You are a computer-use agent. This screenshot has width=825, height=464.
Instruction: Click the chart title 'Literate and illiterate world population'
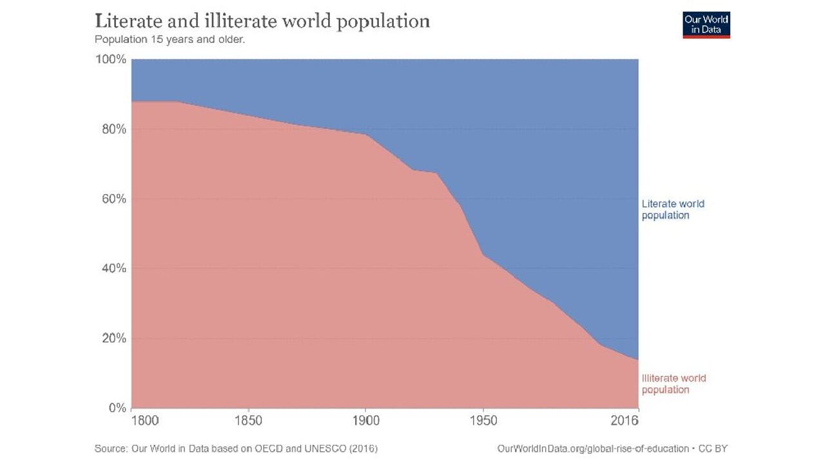tap(262, 21)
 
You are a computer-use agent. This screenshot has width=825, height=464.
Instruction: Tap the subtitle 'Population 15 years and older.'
tap(170, 39)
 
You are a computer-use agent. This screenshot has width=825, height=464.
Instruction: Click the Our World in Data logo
tap(706, 24)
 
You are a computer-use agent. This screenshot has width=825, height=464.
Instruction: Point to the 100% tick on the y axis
tap(111, 59)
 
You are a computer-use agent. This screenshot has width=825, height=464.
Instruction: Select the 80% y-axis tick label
tap(113, 129)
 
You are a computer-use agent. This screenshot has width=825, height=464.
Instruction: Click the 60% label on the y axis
tap(113, 198)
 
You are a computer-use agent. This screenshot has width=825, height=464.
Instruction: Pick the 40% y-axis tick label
tap(113, 268)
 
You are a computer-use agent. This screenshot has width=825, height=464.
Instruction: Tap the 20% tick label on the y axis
tap(113, 338)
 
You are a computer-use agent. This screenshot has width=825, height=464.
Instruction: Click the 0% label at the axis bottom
tap(117, 408)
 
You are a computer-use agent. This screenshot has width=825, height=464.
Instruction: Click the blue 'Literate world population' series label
tap(673, 209)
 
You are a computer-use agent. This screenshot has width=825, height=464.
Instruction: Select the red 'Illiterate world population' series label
tap(674, 384)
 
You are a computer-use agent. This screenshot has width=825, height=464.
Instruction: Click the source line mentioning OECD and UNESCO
tap(236, 448)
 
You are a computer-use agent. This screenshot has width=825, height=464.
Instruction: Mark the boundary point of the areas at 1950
tap(483, 255)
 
